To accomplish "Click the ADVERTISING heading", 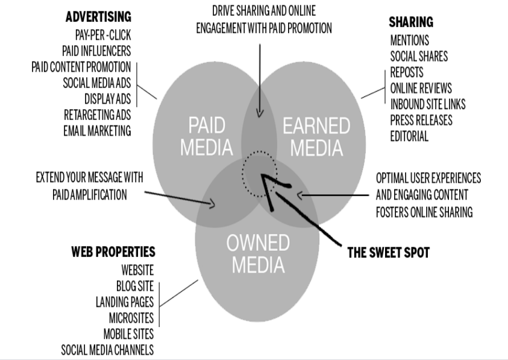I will pos(98,16).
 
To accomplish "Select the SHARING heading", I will pos(411,22).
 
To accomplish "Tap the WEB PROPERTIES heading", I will pos(113,251).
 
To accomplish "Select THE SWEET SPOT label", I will pos(389,253).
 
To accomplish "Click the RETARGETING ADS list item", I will pos(97,115).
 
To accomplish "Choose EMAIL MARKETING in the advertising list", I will pos(97,130).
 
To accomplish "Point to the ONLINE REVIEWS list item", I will pos(421,89).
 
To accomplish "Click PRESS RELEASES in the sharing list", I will pos(421,120).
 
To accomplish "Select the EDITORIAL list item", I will pos(409,136).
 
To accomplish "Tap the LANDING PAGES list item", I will pos(125,301).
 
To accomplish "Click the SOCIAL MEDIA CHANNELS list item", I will pos(107,349).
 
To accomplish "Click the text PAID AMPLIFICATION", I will pos(90,195).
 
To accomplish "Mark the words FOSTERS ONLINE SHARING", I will pos(424,212).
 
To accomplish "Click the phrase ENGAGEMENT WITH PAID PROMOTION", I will pos(264,28).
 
